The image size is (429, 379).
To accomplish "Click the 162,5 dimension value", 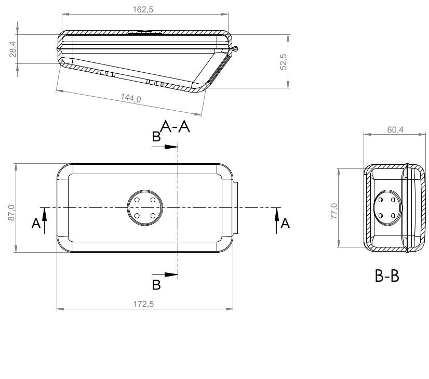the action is [x=143, y=9].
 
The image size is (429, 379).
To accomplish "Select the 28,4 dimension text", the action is [x=13, y=49].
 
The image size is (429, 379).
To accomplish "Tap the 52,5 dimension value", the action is [x=284, y=62].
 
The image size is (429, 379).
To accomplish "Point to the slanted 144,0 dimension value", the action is [x=131, y=98].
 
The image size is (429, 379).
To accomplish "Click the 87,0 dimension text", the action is [x=11, y=213].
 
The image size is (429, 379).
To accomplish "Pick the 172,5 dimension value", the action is [x=143, y=304].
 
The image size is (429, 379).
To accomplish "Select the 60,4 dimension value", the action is [x=395, y=129].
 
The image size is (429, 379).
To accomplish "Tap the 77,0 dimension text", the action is [x=334, y=211].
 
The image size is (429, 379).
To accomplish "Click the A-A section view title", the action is [x=175, y=126].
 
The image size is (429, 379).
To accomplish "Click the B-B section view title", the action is [x=387, y=276].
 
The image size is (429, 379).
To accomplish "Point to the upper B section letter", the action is [x=156, y=137].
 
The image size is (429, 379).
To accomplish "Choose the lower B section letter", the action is [x=156, y=285].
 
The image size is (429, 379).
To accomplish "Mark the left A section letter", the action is [x=36, y=224].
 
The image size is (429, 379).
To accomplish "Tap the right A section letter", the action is [x=285, y=224].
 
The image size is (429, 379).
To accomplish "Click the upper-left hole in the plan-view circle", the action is [x=137, y=200].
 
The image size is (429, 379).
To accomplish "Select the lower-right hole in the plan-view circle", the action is [x=153, y=216].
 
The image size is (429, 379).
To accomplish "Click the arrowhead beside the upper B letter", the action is [x=171, y=147].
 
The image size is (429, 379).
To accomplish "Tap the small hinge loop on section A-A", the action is [x=235, y=49].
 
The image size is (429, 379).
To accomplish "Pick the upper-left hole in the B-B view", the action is [x=381, y=200].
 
